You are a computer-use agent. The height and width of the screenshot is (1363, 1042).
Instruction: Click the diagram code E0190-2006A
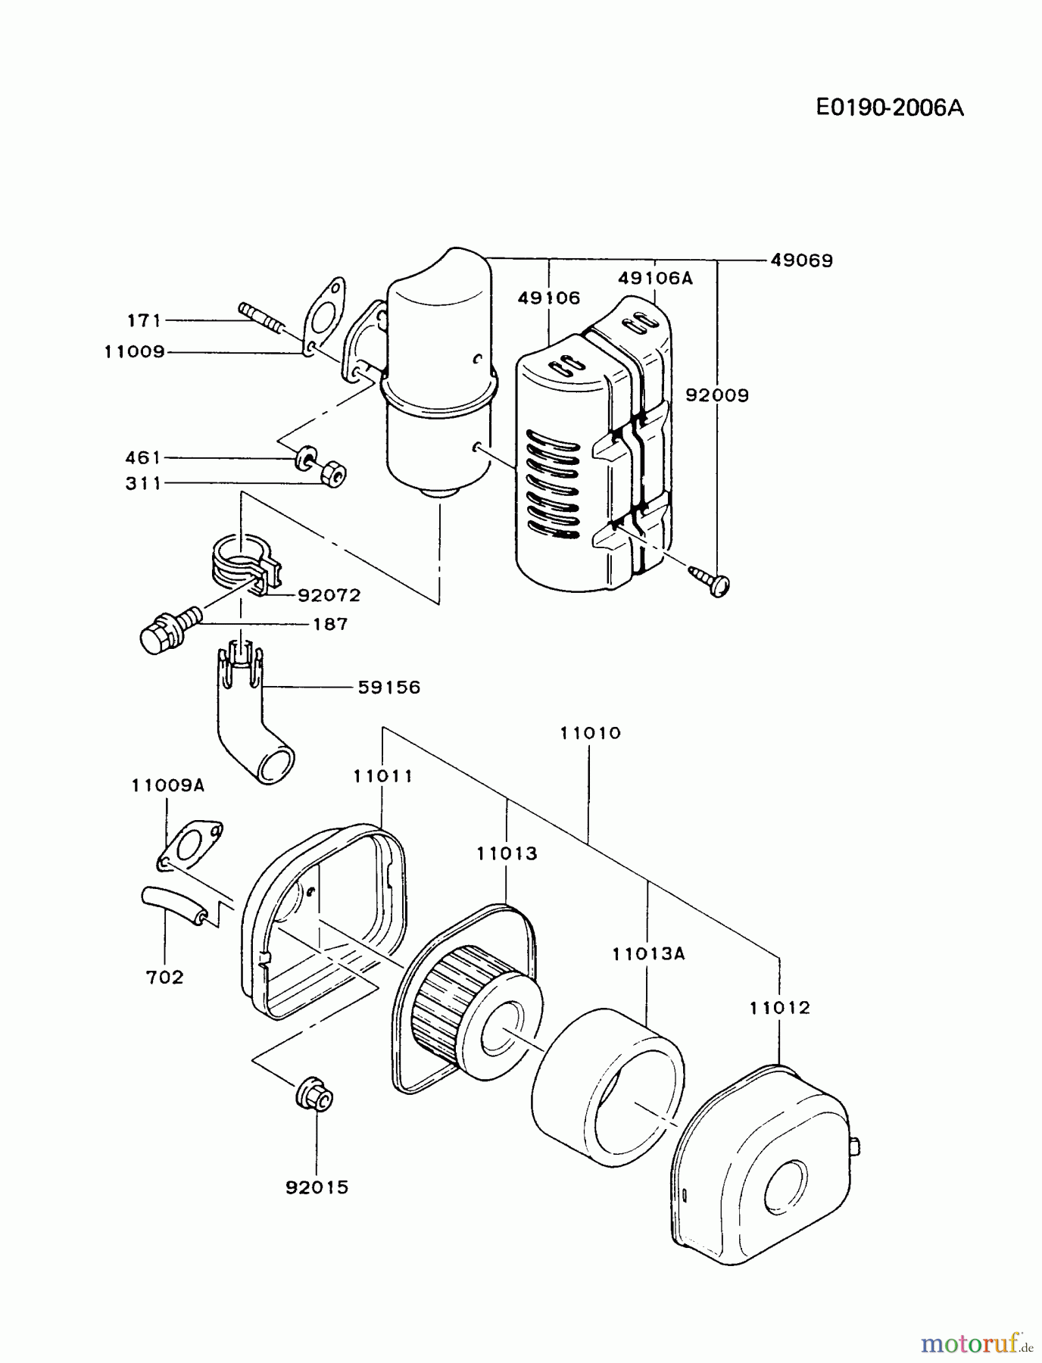pyautogui.click(x=890, y=108)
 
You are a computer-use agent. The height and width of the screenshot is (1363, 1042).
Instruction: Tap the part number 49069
pyautogui.click(x=801, y=260)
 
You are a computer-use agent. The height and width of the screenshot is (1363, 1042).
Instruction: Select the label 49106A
pyautogui.click(x=655, y=278)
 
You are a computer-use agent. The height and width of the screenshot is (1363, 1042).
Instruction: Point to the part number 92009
pyautogui.click(x=716, y=395)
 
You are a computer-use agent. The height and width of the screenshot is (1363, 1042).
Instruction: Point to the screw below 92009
pyautogui.click(x=713, y=581)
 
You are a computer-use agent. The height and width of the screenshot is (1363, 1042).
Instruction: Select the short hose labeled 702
pyautogui.click(x=174, y=905)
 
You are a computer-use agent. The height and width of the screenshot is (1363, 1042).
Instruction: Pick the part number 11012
pyautogui.click(x=780, y=1008)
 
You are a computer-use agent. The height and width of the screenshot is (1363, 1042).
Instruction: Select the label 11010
pyautogui.click(x=590, y=733)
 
